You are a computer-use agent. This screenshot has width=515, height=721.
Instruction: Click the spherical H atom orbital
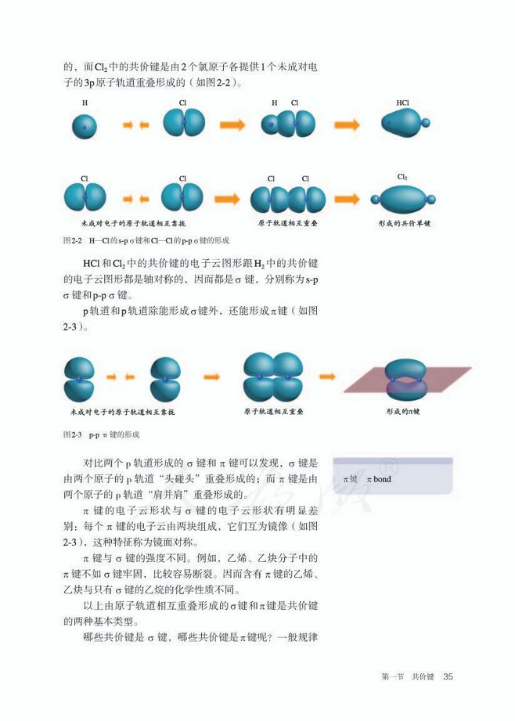click(85, 127)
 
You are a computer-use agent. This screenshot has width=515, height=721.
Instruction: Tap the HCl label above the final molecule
click(402, 103)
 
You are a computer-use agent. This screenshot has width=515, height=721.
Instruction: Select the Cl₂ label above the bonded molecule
click(402, 177)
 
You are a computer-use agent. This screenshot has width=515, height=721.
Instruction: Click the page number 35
click(448, 676)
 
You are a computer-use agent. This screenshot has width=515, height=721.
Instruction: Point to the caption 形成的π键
click(403, 411)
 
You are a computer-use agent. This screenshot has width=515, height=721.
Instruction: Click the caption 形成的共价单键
click(405, 223)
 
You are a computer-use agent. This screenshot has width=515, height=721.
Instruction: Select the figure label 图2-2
click(72, 240)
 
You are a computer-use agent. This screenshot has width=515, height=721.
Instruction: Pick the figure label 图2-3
click(72, 434)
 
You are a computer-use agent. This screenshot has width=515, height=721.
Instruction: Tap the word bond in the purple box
click(382, 479)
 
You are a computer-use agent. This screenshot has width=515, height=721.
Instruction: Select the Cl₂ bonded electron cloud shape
click(403, 199)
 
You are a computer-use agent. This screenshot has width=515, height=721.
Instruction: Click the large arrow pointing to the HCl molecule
click(347, 124)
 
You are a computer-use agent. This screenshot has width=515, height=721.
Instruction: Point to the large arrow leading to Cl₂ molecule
click(347, 199)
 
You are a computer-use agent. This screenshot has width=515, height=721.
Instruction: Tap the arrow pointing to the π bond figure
click(327, 377)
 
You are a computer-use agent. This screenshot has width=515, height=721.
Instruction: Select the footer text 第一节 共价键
click(408, 676)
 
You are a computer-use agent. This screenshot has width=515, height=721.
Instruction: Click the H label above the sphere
click(85, 103)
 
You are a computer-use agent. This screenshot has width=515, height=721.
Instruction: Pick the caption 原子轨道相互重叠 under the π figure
click(274, 411)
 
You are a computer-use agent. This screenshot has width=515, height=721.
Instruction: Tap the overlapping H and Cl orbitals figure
click(288, 124)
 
